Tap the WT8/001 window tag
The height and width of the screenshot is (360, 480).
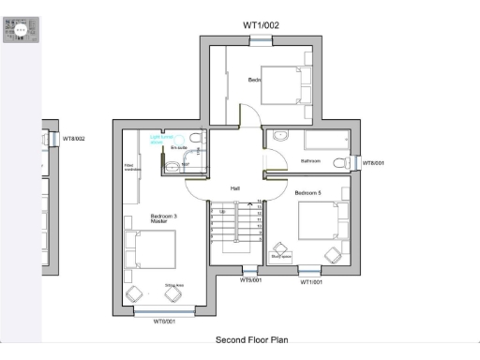[x=373, y=162]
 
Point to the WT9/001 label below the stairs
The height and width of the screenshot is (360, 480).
[x=250, y=279]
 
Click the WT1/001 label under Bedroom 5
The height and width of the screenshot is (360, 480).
[x=311, y=281]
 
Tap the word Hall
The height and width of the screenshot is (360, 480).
[x=235, y=187]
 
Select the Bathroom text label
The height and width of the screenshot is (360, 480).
[x=310, y=161]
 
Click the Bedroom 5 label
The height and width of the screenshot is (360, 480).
[x=307, y=192]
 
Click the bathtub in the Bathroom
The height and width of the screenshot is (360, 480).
[x=323, y=141]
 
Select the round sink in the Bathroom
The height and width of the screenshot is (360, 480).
[x=279, y=137]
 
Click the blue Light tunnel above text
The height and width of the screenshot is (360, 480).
[x=162, y=138]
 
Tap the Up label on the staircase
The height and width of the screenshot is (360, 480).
[x=221, y=212]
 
